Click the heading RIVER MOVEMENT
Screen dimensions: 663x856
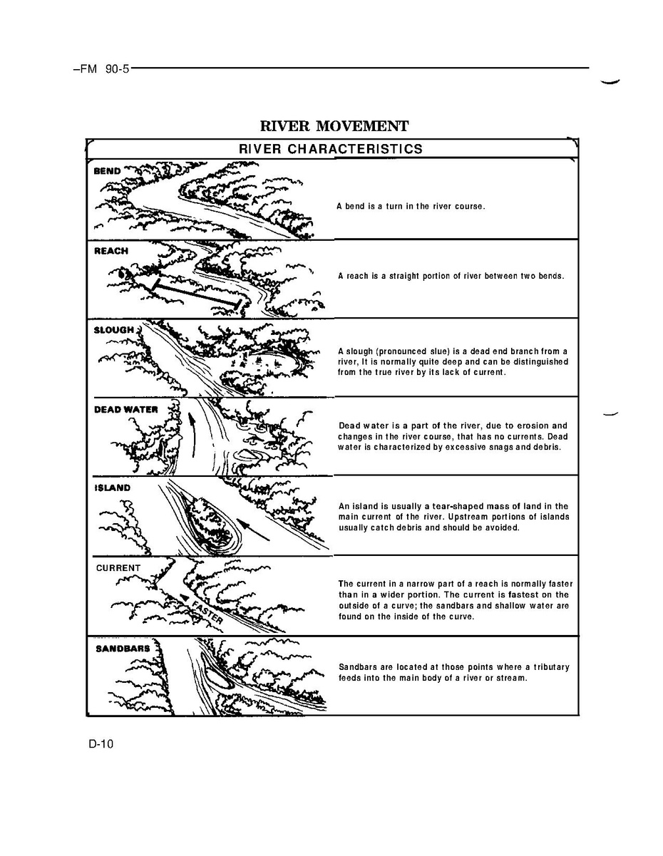tap(334, 126)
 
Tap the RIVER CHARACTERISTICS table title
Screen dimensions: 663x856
tap(331, 149)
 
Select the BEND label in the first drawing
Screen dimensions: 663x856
tap(107, 171)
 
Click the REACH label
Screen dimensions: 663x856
tap(111, 251)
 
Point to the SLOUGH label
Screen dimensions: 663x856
tap(114, 330)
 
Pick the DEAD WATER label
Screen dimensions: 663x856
tap(126, 409)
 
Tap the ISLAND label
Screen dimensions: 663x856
tap(112, 488)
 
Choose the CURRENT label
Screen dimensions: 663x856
tap(118, 567)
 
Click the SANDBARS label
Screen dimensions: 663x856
tap(123, 649)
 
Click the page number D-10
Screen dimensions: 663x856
tap(101, 743)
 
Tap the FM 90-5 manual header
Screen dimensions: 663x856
tap(102, 69)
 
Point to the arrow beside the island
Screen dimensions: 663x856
tap(255, 530)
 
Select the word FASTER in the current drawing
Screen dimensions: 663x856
tap(206, 612)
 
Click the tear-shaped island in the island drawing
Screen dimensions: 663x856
tap(211, 522)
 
